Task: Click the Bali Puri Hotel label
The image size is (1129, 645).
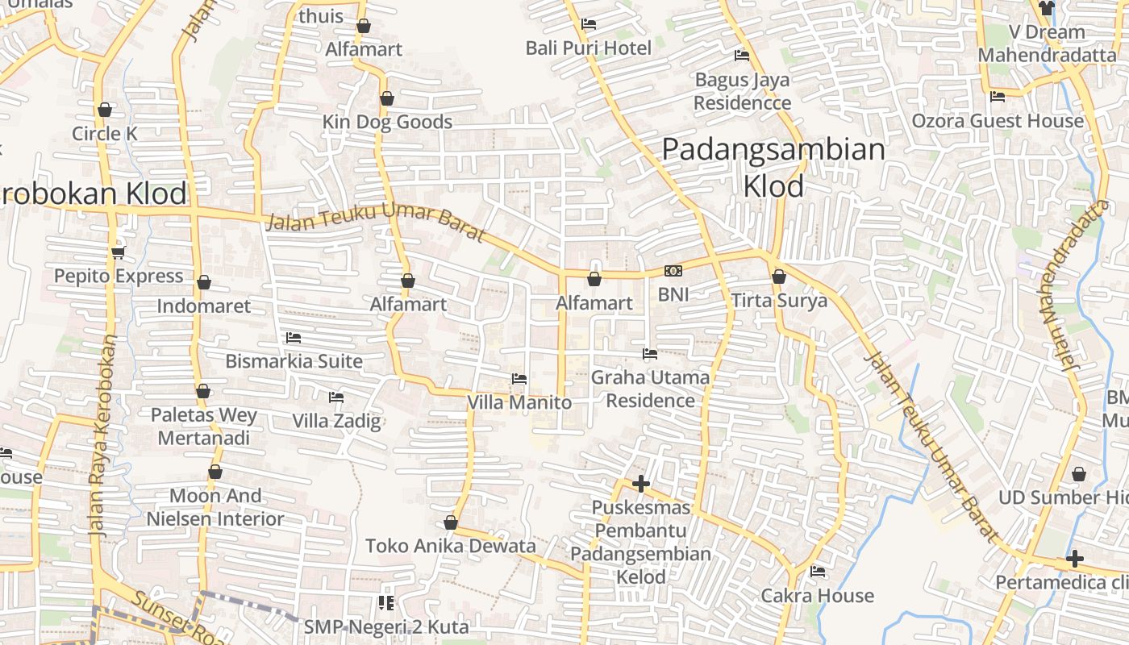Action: pyautogui.click(x=588, y=48)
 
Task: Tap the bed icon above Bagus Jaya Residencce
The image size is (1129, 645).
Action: pyautogui.click(x=742, y=56)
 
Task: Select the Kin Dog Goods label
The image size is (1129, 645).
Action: pyautogui.click(x=387, y=122)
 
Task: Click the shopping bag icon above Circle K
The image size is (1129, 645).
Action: pyautogui.click(x=105, y=110)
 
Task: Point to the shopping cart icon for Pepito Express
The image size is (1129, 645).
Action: pyautogui.click(x=119, y=252)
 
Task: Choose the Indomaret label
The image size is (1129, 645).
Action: pyautogui.click(x=203, y=306)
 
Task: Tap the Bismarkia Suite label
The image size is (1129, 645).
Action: pyautogui.click(x=294, y=361)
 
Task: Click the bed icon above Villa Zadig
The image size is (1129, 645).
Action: pyautogui.click(x=336, y=397)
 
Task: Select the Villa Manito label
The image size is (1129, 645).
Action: pyautogui.click(x=519, y=402)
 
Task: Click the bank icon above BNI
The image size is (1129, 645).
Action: pyautogui.click(x=673, y=271)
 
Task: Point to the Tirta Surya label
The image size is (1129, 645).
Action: pyautogui.click(x=779, y=302)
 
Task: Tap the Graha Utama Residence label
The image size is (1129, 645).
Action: pyautogui.click(x=650, y=389)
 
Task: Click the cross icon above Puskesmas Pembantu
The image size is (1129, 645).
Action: pyautogui.click(x=641, y=484)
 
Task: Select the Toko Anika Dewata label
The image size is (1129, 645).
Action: pyautogui.click(x=450, y=546)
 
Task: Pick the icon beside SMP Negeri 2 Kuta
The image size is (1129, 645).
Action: pyautogui.click(x=386, y=603)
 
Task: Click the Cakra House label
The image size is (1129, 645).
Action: pyautogui.click(x=818, y=596)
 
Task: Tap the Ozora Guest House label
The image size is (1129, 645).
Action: pyautogui.click(x=998, y=121)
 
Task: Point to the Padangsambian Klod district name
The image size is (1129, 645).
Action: pyautogui.click(x=773, y=168)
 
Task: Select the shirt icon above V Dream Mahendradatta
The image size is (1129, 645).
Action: pyautogui.click(x=1047, y=8)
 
